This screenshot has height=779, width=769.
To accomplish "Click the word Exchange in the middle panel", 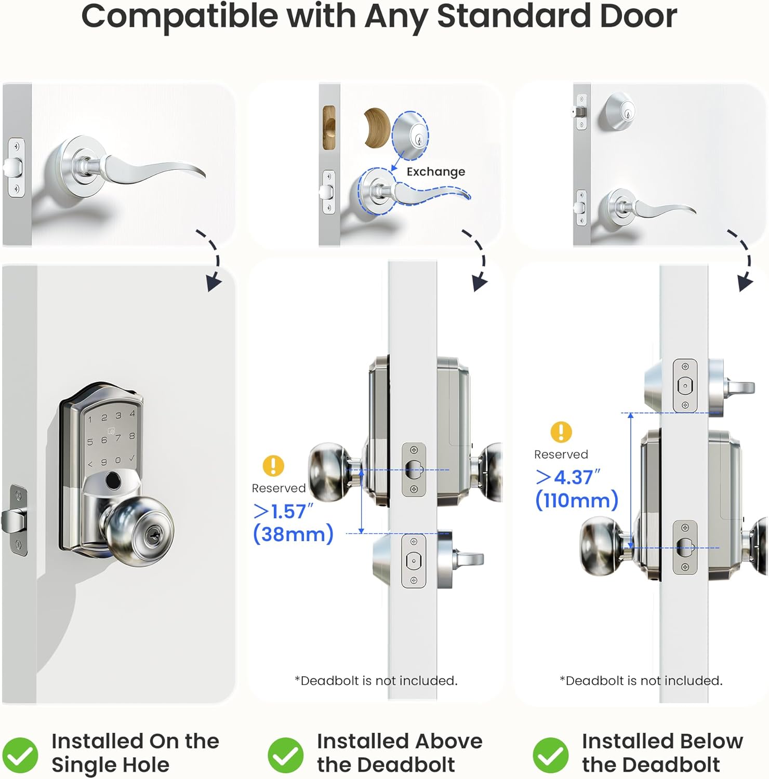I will [435, 172].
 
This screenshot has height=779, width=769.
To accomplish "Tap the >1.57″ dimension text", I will [284, 512].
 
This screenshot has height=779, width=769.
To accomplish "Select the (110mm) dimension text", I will [577, 500].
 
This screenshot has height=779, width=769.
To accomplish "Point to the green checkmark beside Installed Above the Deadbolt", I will [285, 755].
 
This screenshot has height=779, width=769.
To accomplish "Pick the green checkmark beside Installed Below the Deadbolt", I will [550, 755].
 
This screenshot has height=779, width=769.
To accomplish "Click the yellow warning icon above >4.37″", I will [561, 432].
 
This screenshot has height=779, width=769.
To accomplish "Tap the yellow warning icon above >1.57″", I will [273, 466].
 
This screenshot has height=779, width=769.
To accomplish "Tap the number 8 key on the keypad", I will [132, 436].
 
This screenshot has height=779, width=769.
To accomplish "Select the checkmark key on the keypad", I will [132, 458].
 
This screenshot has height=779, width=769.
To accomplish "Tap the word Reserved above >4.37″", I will [561, 454].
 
